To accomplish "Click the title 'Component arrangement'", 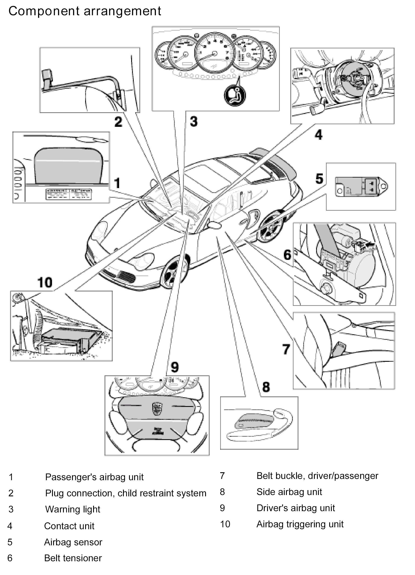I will point(85,11).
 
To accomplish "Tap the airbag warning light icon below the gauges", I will point(235,95).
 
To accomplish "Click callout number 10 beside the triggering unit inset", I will point(45,282).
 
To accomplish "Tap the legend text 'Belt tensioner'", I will point(73,558).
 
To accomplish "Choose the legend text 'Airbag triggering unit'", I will point(300,524).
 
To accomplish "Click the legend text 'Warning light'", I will point(72,509).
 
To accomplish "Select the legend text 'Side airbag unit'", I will point(289,492).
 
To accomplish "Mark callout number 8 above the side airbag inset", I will point(266,387).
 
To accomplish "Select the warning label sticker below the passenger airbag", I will point(69,194).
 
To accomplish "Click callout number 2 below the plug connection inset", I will point(118,122).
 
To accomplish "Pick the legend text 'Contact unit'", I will point(69,526).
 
